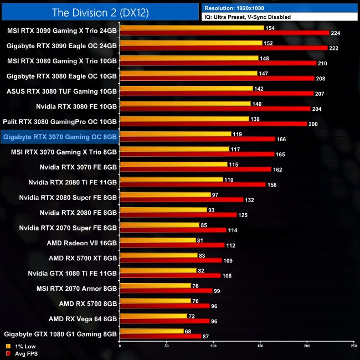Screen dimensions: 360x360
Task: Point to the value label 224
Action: pyautogui.click(x=335, y=33)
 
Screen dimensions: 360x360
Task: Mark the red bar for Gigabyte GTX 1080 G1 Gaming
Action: pyautogui.click(x=160, y=336)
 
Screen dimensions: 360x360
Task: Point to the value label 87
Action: pyautogui.click(x=206, y=336)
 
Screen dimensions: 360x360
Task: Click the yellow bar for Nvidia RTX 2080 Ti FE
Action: pyautogui.click(x=171, y=179)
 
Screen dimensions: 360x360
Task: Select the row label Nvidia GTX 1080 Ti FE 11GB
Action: pyautogui.click(x=73, y=273)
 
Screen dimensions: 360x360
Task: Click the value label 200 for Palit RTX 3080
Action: pyautogui.click(x=313, y=124)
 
